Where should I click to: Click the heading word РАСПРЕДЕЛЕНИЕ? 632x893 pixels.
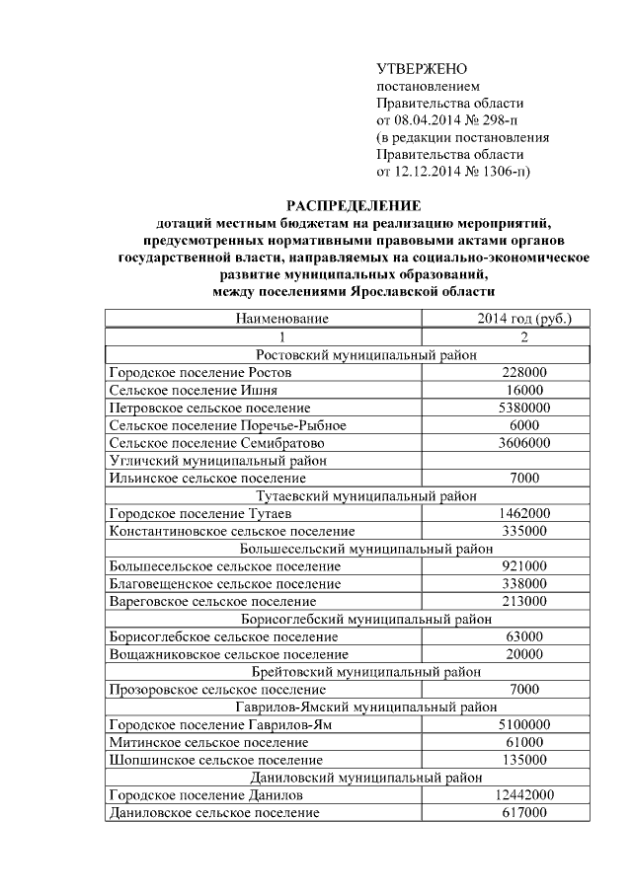point(353,205)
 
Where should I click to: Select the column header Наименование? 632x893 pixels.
point(280,319)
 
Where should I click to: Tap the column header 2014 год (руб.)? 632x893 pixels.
point(523,319)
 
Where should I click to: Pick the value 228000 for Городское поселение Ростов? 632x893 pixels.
point(523,373)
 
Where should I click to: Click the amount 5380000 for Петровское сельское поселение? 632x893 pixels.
point(523,408)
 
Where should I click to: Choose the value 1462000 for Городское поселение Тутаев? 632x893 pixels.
point(523,514)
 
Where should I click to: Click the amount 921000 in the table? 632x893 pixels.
point(523,566)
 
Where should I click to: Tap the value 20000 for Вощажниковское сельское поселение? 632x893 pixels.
point(523,654)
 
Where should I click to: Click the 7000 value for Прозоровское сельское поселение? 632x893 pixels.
point(523,690)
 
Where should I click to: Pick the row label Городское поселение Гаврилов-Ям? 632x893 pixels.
point(205,724)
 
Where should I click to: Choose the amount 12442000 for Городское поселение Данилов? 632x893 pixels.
point(523,794)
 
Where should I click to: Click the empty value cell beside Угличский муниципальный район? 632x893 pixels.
point(523,461)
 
